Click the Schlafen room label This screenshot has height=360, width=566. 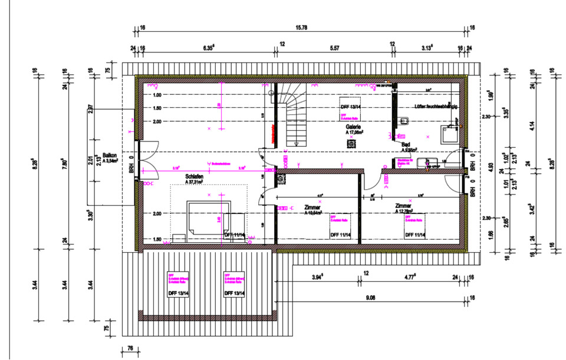tap(194, 176)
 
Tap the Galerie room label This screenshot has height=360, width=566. tap(354, 127)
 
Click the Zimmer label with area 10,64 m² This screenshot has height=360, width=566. tap(312, 208)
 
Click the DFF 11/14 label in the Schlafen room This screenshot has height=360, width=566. tap(234, 235)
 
